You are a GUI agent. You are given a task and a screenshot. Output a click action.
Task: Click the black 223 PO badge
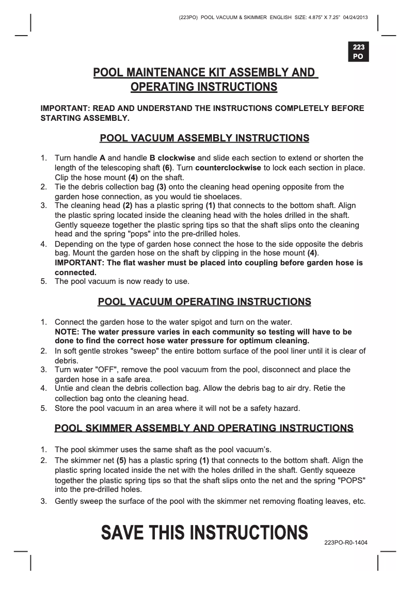coord(358,52)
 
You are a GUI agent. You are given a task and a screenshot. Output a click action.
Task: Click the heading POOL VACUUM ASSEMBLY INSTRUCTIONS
coord(204,138)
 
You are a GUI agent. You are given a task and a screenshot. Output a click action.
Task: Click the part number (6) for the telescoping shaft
coord(167,168)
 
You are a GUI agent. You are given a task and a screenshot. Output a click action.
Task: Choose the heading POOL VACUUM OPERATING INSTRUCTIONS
coord(204,301)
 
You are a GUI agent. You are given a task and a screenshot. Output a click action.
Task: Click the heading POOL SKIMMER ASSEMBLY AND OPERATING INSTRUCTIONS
coord(204,428)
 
